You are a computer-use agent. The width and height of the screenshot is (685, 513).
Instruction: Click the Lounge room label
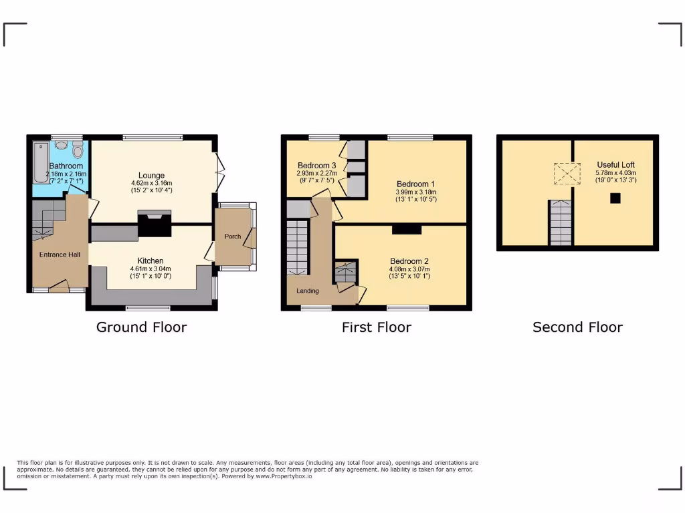[x=152, y=176]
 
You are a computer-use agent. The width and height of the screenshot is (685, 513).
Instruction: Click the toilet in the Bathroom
[x=77, y=150]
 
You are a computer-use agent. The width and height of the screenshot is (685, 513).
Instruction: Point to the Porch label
[x=233, y=236]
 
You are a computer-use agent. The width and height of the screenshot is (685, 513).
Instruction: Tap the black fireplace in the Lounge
[x=153, y=224]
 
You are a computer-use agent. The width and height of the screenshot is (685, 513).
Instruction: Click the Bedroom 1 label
[x=415, y=184]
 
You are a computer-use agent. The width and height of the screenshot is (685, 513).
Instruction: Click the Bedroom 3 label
[x=316, y=166]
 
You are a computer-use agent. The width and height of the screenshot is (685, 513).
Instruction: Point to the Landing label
[x=308, y=291]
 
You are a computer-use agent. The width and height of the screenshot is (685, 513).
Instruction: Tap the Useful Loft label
[x=615, y=164]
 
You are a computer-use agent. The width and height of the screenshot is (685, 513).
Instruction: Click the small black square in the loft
[x=615, y=198]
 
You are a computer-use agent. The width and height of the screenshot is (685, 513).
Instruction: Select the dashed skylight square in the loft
[x=566, y=174]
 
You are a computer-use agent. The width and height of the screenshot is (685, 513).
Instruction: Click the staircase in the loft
[x=561, y=223]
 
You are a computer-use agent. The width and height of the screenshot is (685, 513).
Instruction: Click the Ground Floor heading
[x=141, y=327]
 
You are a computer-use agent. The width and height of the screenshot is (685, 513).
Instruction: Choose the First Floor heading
[x=376, y=327]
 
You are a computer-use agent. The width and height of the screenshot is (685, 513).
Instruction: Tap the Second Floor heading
[x=577, y=327]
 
